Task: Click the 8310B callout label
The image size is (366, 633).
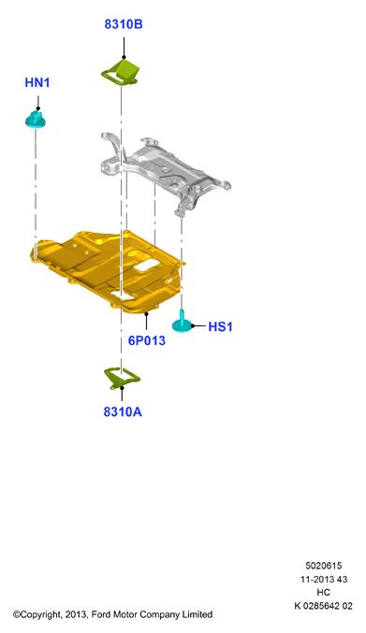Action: [x=124, y=24]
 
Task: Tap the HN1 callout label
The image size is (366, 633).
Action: [x=37, y=82]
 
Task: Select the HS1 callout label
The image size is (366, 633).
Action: [x=220, y=326]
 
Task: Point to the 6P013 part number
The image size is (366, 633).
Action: [x=147, y=340]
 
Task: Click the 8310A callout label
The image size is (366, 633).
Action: [x=123, y=411]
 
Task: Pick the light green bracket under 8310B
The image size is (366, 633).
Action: [x=121, y=72]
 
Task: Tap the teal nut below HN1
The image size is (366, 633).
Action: [x=36, y=120]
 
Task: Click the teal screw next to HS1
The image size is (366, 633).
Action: [x=182, y=322]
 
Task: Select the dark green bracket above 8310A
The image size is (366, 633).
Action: [x=121, y=378]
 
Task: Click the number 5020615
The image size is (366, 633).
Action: [x=323, y=566]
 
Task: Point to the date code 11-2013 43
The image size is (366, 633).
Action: [x=323, y=580]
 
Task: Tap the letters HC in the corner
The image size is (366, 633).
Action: [x=323, y=592]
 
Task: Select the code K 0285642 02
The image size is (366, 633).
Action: [x=323, y=606]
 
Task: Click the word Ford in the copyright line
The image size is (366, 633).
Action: [x=100, y=614]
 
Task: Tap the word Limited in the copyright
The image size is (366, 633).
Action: [x=198, y=614]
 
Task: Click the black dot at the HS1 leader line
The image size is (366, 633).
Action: [x=193, y=325]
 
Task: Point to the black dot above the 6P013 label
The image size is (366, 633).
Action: [x=146, y=313]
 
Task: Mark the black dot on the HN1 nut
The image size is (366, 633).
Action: [x=38, y=108]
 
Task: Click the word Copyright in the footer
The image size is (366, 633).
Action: [x=40, y=615]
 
